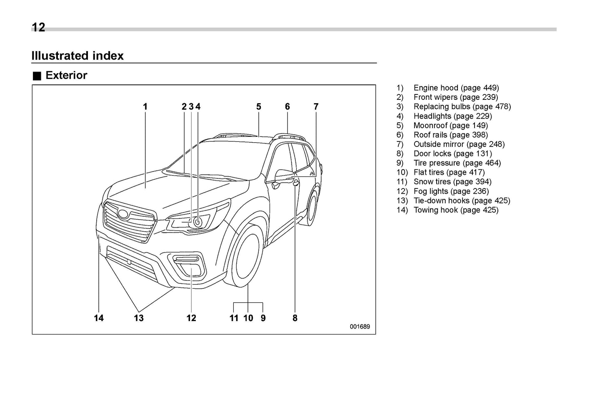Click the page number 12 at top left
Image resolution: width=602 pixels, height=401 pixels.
click(x=38, y=27)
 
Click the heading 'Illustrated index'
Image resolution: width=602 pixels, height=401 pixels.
click(x=77, y=56)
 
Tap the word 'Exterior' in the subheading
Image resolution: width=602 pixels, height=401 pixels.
click(x=66, y=75)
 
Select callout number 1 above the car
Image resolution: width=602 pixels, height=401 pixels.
click(x=145, y=106)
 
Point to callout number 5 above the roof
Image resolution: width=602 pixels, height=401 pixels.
click(x=259, y=106)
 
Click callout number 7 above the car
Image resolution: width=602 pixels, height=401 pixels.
click(x=316, y=106)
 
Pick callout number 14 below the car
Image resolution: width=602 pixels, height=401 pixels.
click(x=99, y=318)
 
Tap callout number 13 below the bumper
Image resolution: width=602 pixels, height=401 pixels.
click(x=139, y=318)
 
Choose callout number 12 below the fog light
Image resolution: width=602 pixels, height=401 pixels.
click(x=191, y=318)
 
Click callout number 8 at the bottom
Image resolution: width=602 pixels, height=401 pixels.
click(x=295, y=318)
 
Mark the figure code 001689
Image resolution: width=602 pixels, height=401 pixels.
click(x=360, y=327)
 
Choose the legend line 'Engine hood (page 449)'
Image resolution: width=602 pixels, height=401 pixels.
click(x=456, y=88)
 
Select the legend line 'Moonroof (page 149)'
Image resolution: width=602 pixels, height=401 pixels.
click(x=450, y=125)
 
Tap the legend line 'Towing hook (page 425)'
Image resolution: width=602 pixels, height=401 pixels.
click(x=456, y=210)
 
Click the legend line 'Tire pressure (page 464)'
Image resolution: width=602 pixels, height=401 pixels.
click(x=457, y=163)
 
